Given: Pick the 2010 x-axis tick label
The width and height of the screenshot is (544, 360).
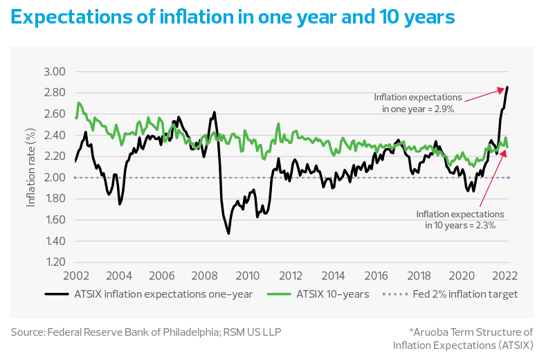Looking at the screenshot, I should point(248,275).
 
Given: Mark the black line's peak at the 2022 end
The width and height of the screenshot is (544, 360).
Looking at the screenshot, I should point(507,87).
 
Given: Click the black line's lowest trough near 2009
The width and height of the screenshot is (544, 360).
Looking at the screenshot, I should point(228,233).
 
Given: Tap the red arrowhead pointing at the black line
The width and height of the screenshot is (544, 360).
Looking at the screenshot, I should point(502,88).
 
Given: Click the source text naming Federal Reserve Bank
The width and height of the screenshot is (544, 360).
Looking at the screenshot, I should point(145,332).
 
